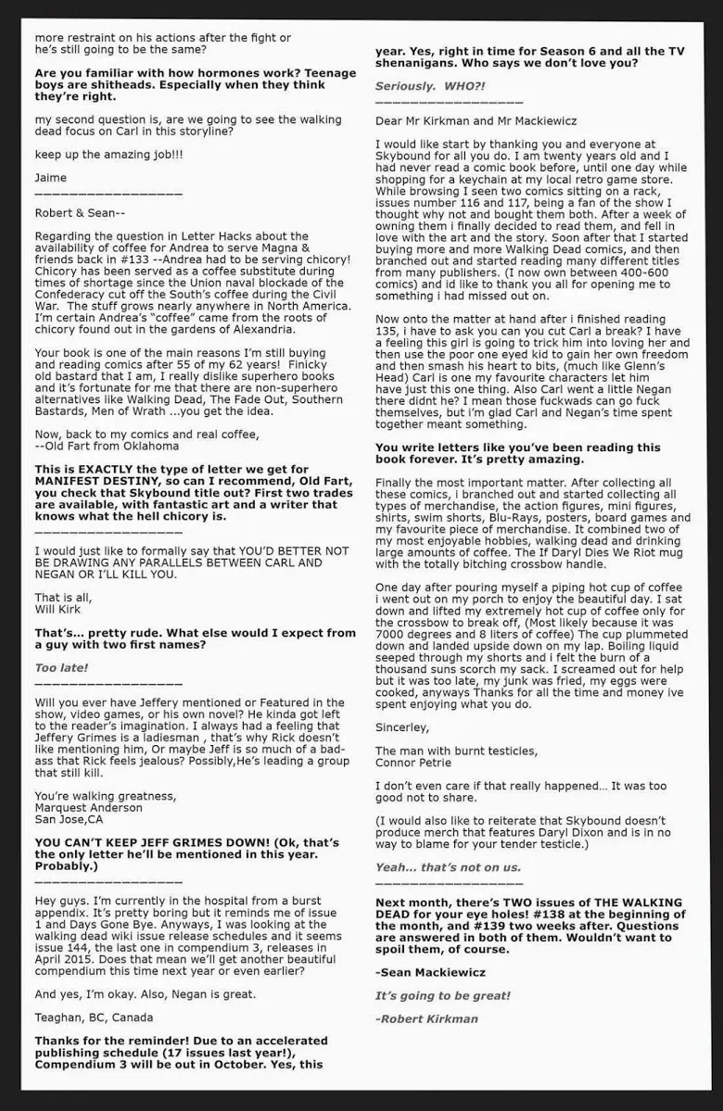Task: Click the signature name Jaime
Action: point(51,177)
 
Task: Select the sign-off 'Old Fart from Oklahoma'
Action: point(110,446)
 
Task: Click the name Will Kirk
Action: point(58,610)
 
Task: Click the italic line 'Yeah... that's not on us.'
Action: point(448,867)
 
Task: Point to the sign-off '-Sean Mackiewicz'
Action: point(430,973)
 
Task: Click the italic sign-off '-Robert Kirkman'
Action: point(427,1018)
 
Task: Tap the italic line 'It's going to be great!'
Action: point(442,995)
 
